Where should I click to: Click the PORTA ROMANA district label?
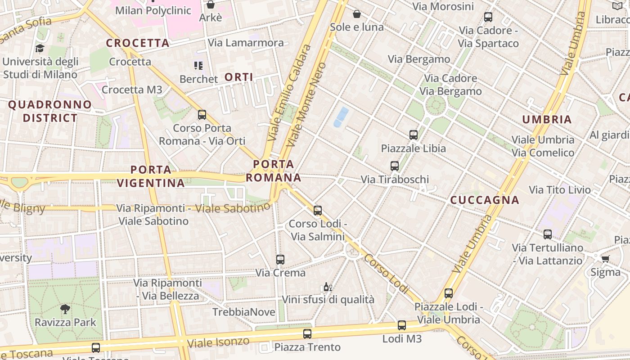click(274, 171)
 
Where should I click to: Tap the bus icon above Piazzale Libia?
click(413, 135)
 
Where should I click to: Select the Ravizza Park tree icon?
click(65, 309)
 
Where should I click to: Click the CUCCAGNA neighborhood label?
click(485, 200)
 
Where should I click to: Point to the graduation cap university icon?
click(40, 48)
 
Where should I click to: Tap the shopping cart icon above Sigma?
click(605, 259)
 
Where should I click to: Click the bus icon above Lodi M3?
click(401, 325)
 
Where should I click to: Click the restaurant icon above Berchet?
click(198, 66)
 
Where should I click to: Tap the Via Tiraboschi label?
click(395, 180)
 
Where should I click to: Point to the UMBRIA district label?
click(547, 119)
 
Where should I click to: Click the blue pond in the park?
click(341, 117)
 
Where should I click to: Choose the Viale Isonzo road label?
click(218, 342)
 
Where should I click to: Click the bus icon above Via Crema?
click(280, 259)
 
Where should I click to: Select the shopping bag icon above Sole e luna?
click(357, 14)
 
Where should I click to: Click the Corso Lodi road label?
click(384, 274)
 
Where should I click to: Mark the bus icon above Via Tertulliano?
click(547, 234)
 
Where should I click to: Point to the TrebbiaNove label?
click(243, 312)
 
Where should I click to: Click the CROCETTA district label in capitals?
click(137, 43)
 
